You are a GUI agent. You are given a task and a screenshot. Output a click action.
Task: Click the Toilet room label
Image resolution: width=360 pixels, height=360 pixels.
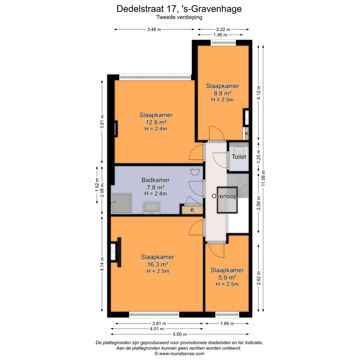point(239,157)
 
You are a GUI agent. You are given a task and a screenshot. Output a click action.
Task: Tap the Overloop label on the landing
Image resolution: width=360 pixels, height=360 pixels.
point(224,196)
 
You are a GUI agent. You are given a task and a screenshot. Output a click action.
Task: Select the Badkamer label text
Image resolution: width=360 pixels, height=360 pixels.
point(155,180)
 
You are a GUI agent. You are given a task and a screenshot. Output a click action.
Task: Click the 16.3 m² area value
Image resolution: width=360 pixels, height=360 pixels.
point(158,264)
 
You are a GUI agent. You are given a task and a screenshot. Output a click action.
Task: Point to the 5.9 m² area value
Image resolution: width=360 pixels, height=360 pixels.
point(227,277)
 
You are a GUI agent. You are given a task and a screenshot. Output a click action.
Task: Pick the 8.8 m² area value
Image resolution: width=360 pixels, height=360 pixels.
point(222,93)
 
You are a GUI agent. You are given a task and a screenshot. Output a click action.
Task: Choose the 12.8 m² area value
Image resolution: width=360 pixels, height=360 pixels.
point(156,122)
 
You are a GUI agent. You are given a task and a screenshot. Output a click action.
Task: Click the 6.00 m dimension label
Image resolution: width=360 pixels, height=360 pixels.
point(180,334)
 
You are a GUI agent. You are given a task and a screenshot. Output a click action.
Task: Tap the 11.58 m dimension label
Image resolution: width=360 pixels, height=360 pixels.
point(263,180)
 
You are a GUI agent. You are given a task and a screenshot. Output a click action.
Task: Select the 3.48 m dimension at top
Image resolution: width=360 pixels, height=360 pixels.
point(154,29)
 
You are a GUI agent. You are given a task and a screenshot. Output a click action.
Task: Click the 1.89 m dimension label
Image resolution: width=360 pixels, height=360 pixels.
point(227,323)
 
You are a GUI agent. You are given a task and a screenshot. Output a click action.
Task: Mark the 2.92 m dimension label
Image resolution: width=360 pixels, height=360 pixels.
point(259,277)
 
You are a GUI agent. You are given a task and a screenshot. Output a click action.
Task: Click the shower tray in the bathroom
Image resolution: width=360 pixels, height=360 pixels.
point(121,204)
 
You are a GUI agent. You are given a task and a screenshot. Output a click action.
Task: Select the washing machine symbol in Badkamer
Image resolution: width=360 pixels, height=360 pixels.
point(194,172)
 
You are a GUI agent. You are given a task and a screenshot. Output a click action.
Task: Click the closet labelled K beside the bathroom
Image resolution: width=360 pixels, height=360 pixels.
point(192,210)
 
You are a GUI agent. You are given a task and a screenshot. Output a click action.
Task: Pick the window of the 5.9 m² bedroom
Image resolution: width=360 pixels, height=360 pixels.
point(227,314)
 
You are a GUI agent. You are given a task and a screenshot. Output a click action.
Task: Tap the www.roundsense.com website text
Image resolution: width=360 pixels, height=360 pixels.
point(182,353)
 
